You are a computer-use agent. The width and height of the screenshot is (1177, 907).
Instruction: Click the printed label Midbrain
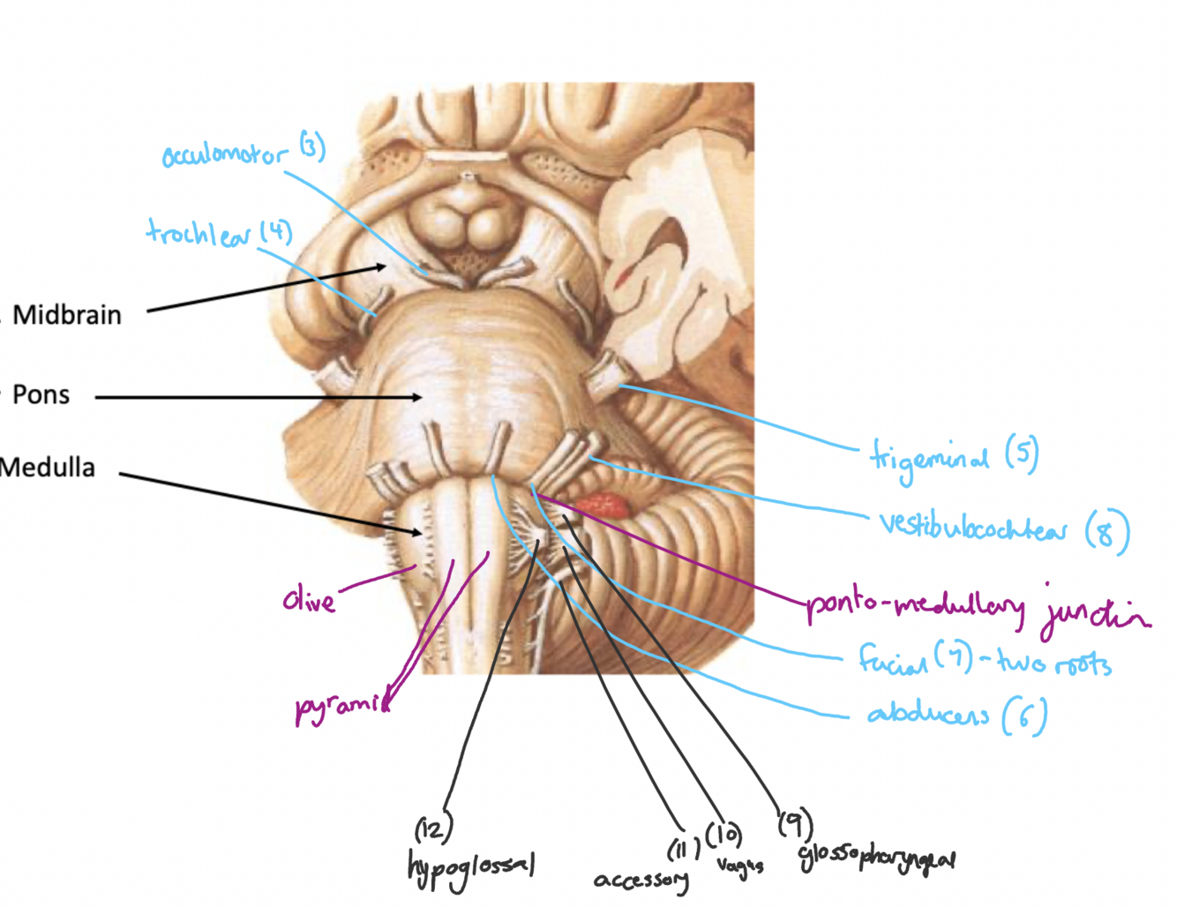[x=67, y=315]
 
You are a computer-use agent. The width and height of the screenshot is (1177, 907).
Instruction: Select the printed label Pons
[x=41, y=394]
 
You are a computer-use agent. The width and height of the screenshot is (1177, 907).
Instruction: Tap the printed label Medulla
[x=48, y=467]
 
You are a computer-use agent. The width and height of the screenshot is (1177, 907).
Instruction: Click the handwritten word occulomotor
[x=225, y=154]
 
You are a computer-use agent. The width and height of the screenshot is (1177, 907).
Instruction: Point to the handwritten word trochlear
[x=199, y=234]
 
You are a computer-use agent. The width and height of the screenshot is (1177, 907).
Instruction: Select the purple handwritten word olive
[x=309, y=601]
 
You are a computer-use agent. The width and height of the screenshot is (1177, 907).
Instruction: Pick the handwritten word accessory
[x=641, y=880]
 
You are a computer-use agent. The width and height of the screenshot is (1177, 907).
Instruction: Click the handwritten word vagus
[x=739, y=866]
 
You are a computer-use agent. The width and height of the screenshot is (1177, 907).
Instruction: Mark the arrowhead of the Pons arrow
[x=417, y=398]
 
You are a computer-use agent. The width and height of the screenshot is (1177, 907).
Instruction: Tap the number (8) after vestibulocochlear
[x=1106, y=532]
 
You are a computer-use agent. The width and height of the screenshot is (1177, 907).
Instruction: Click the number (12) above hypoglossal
[x=433, y=828]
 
